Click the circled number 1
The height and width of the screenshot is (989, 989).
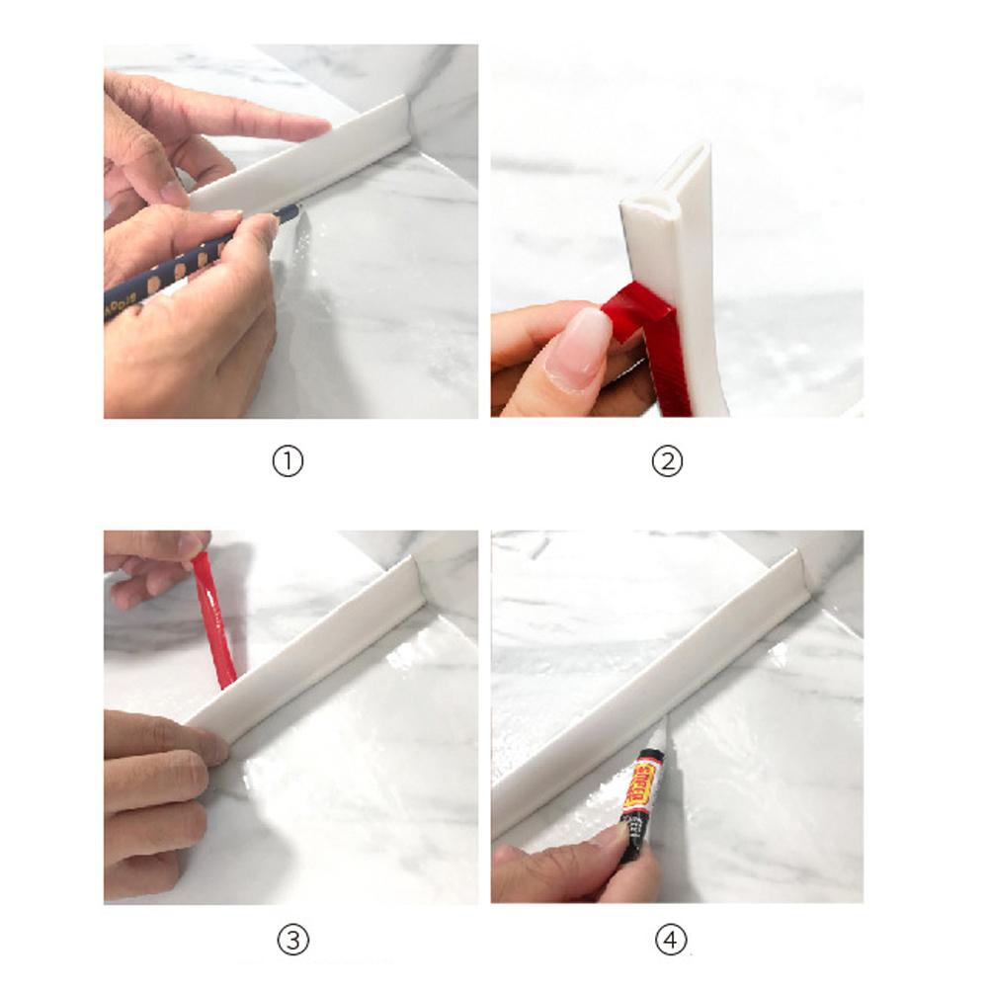(x=288, y=462)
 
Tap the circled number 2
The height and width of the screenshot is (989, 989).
(x=668, y=462)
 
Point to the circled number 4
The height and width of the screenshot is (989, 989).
(x=671, y=940)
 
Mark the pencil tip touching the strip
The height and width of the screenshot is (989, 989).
(x=293, y=210)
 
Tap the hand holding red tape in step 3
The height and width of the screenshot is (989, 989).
(x=153, y=563)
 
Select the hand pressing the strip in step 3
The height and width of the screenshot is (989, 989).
(x=158, y=790)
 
